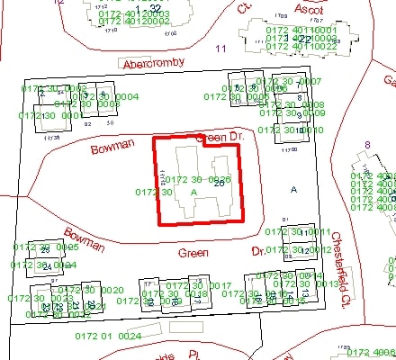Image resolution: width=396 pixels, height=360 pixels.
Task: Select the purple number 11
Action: (x=222, y=48)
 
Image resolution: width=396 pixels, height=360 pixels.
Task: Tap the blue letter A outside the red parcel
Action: (x=293, y=189)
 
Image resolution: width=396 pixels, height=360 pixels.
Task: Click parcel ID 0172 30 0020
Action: (x=90, y=290)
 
